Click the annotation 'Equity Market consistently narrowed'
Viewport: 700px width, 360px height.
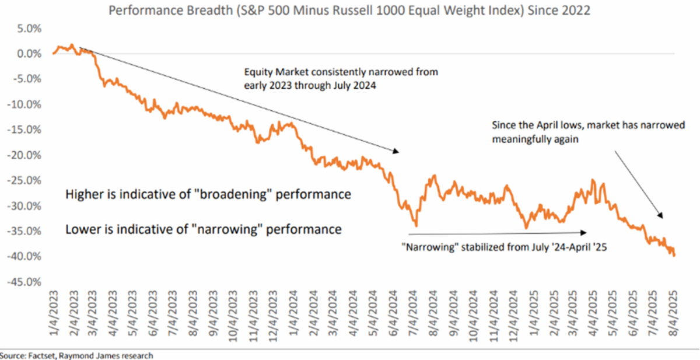click(x=341, y=78)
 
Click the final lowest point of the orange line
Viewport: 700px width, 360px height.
click(x=675, y=256)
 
